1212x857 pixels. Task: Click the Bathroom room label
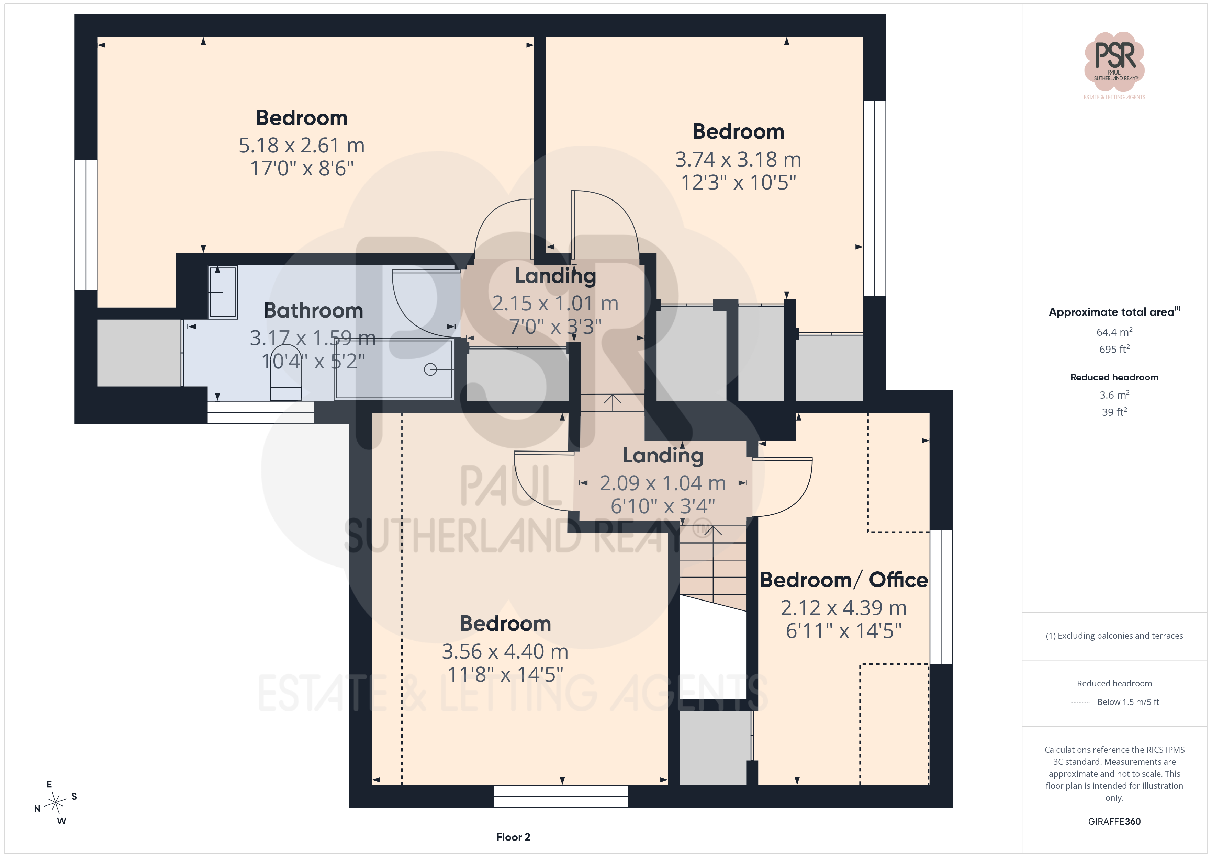click(313, 310)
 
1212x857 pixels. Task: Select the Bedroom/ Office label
click(843, 580)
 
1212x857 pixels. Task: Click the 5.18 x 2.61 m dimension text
click(301, 145)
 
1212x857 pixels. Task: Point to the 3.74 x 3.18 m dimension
click(738, 159)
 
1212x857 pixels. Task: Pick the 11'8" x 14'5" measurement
click(505, 674)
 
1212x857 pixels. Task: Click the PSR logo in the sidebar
click(1114, 65)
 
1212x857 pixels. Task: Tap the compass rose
click(55, 803)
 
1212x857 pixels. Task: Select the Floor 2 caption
click(513, 837)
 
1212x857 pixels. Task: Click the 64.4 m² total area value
click(1114, 332)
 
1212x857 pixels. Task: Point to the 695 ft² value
click(1114, 349)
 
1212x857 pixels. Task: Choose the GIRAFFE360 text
click(1114, 822)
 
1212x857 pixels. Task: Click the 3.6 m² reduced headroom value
click(1114, 395)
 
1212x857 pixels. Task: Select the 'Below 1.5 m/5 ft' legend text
click(1128, 702)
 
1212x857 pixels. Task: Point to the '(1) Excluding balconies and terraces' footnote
click(1114, 636)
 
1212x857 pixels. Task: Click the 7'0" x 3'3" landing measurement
click(555, 327)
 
